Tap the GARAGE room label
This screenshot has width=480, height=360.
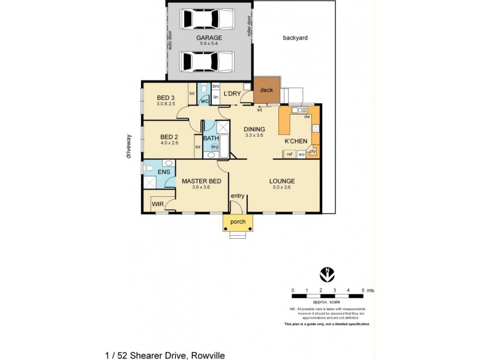(209, 37)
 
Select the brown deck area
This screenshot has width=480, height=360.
(266, 91)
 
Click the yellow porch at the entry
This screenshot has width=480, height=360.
(238, 222)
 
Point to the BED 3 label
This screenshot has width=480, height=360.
(166, 98)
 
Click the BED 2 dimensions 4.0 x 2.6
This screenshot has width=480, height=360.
(169, 143)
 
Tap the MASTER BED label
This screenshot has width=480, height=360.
(202, 181)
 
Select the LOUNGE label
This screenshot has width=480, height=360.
(281, 181)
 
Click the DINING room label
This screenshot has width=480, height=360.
(254, 129)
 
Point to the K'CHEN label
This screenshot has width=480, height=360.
(296, 141)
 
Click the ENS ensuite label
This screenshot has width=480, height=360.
(164, 172)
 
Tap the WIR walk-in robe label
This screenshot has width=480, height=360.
(158, 205)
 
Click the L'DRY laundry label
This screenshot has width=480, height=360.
(232, 94)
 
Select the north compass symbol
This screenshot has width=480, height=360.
(326, 274)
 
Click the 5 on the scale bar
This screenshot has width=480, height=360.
(363, 290)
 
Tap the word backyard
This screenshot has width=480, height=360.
(295, 38)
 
